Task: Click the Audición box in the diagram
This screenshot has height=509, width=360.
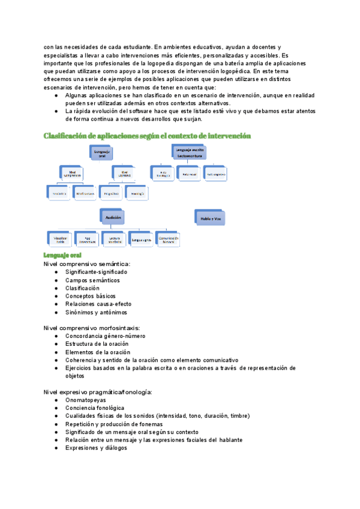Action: pyautogui.click(x=112, y=217)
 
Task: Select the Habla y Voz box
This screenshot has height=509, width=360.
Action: pyautogui.click(x=208, y=219)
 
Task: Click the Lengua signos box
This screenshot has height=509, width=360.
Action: pyautogui.click(x=142, y=239)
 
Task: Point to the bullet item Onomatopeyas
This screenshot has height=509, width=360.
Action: pyautogui.click(x=86, y=400)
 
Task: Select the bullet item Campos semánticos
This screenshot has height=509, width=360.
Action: pyautogui.click(x=92, y=280)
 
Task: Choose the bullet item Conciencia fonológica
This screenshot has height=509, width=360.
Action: pyautogui.click(x=95, y=408)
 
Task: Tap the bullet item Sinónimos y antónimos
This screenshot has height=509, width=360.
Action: pyautogui.click(x=96, y=312)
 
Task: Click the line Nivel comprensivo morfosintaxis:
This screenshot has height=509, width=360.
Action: pyautogui.click(x=92, y=328)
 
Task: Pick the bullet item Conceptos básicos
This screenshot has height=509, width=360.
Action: pyautogui.click(x=91, y=296)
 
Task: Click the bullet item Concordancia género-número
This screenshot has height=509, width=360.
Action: pyautogui.click(x=105, y=336)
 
